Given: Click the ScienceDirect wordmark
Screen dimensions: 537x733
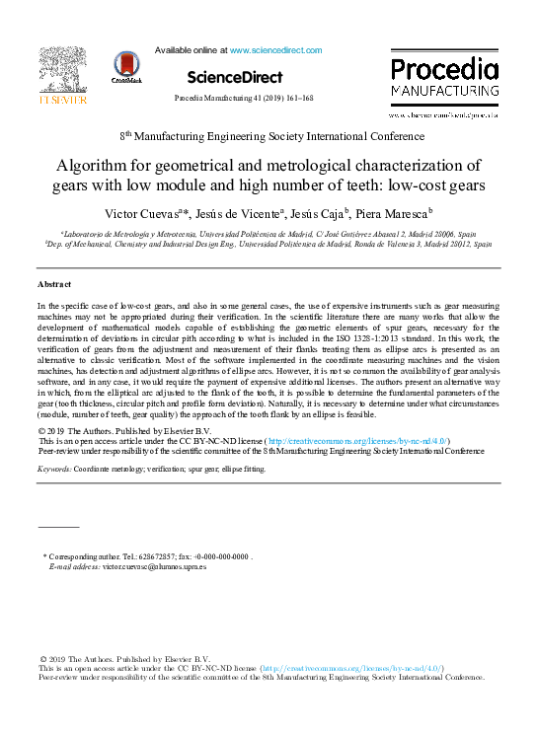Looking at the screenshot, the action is pyautogui.click(x=234, y=77).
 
